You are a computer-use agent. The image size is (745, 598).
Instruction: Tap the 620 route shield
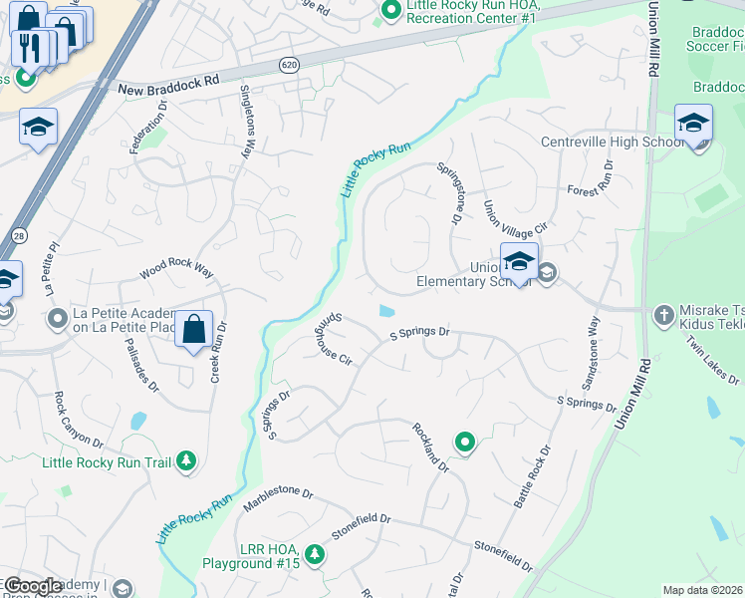click(287, 63)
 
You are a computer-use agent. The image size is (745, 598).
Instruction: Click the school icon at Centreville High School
click(693, 125)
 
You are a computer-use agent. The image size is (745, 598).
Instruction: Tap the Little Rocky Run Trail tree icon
click(185, 461)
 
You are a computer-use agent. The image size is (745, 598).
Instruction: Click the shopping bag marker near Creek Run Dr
click(194, 329)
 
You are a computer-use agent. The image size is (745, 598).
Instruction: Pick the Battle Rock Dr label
click(532, 477)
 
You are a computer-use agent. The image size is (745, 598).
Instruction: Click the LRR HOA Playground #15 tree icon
click(315, 553)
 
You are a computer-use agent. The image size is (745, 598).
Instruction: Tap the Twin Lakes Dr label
click(713, 359)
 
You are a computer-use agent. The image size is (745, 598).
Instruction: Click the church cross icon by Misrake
click(663, 316)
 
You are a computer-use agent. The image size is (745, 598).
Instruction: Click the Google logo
click(33, 586)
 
